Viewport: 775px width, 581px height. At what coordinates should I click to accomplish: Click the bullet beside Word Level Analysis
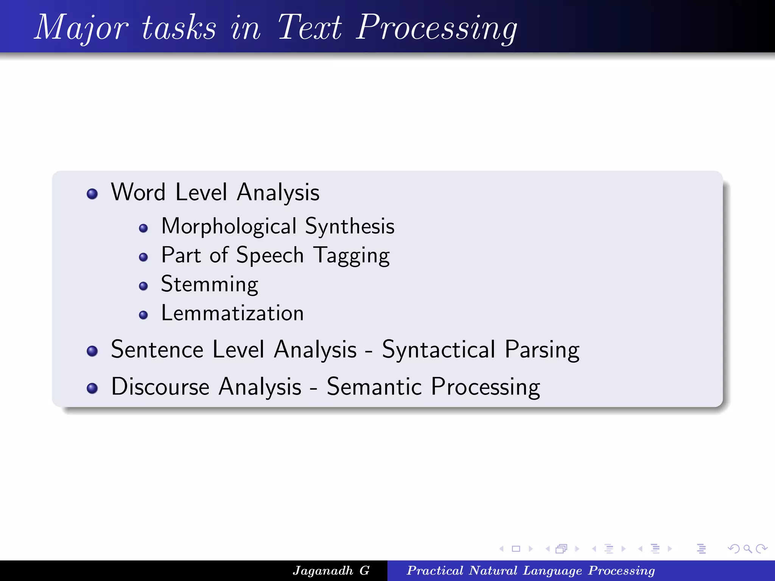[92, 194]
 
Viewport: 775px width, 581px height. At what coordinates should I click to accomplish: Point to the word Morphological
[229, 227]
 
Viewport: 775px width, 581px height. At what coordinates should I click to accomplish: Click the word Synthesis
[350, 227]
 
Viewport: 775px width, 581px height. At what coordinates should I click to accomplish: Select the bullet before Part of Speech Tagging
[143, 257]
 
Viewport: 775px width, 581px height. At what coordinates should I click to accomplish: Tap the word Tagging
[352, 256]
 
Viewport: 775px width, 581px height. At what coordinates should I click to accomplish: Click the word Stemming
[209, 284]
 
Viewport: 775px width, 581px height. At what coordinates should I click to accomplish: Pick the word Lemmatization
[232, 313]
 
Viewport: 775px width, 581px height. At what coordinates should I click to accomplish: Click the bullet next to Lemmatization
[143, 315]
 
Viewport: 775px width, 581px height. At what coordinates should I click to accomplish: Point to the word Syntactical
[439, 349]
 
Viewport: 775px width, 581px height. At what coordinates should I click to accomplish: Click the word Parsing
[542, 350]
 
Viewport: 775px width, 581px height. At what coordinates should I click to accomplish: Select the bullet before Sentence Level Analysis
[92, 351]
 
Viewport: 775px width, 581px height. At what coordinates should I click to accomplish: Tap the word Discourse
[160, 387]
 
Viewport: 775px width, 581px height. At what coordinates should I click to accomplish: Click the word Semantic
[374, 387]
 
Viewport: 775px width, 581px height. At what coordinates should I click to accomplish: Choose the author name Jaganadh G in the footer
[331, 570]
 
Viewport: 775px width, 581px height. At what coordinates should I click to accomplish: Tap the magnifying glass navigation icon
[747, 549]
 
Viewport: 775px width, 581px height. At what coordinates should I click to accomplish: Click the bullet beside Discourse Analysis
[92, 388]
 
